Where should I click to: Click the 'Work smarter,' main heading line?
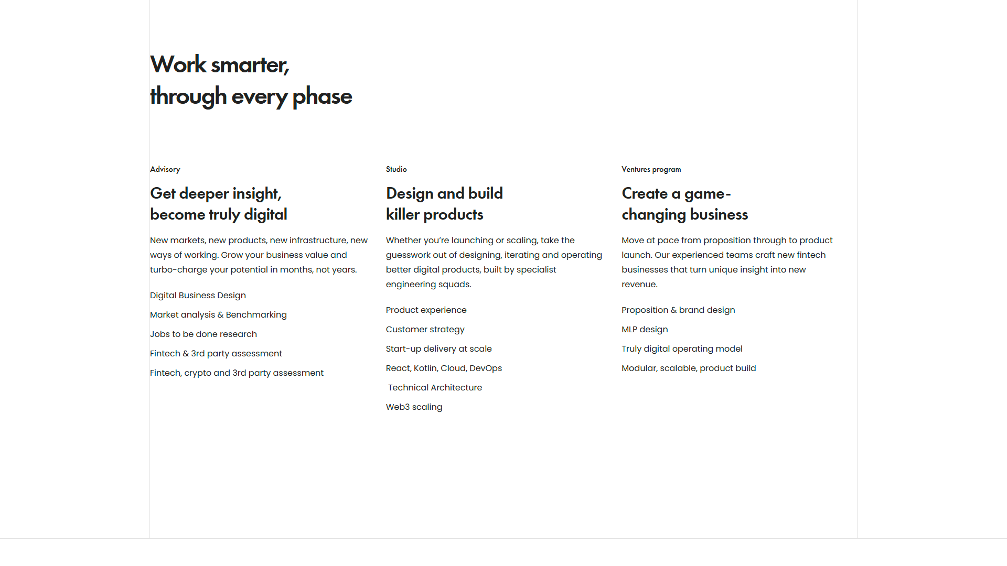220,65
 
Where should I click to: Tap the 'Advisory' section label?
165,169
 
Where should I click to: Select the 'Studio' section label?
397,169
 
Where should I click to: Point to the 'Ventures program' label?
651,169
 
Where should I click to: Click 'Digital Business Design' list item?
198,296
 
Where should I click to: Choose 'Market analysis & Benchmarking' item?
218,315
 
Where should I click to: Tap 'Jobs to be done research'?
203,334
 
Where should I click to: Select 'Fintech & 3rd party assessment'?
216,354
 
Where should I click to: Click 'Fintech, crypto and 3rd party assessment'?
237,373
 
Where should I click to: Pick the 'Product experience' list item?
426,310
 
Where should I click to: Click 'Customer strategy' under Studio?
425,330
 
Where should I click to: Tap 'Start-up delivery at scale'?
439,349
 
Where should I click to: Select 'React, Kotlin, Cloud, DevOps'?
444,368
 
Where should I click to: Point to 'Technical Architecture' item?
435,388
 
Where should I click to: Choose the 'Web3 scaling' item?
414,407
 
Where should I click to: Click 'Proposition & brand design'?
678,310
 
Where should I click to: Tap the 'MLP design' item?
645,330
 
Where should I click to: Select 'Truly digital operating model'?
682,349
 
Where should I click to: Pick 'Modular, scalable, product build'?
689,368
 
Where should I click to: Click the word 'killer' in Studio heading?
403,214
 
